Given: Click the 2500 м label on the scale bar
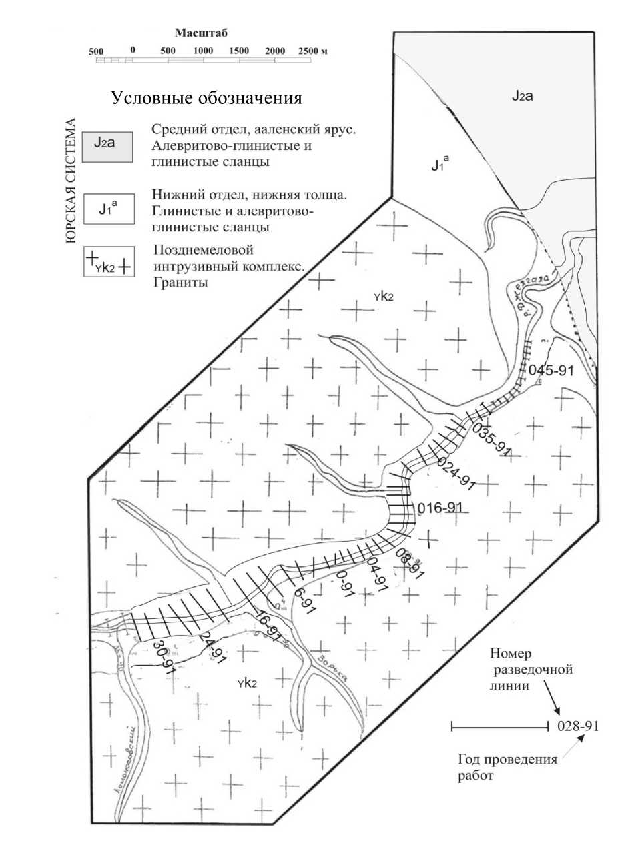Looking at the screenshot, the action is coord(313,51).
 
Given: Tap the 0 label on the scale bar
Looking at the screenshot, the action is coord(133,51).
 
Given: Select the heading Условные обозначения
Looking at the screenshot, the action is coord(206,99).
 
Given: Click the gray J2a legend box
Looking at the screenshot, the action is coord(107,145).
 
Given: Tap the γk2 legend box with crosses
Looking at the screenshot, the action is coord(107,261).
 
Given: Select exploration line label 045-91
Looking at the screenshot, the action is coord(551,371).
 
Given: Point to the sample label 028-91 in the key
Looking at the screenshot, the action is coord(577,726).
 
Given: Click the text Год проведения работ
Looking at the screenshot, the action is coord(507,768).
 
